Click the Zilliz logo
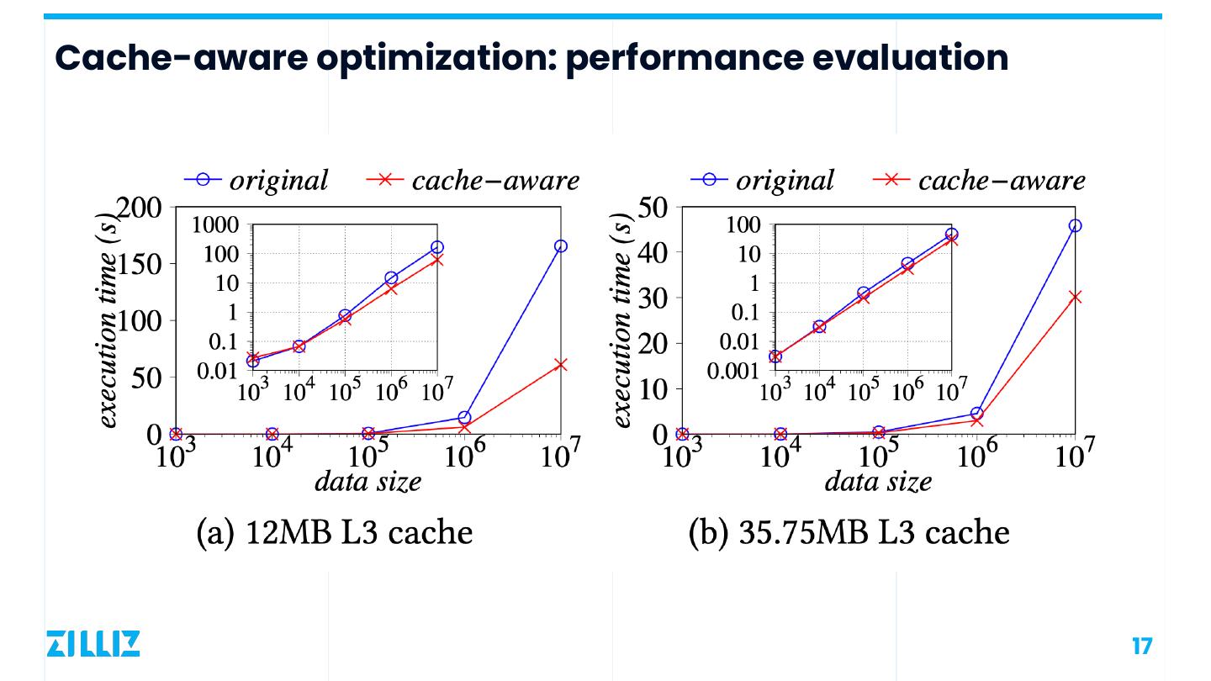click(x=93, y=643)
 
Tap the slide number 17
click(x=1142, y=646)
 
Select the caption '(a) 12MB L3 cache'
click(x=334, y=531)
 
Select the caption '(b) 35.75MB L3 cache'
click(x=849, y=531)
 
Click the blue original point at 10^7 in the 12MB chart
click(x=560, y=246)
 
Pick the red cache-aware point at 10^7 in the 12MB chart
click(x=560, y=365)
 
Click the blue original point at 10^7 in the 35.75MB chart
click(x=1075, y=225)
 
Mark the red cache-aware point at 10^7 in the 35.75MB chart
click(x=1075, y=297)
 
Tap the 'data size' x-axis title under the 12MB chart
click(x=368, y=482)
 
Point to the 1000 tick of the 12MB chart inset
click(x=215, y=224)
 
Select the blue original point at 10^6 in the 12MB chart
click(x=464, y=418)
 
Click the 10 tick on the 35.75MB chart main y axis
click(x=654, y=389)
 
